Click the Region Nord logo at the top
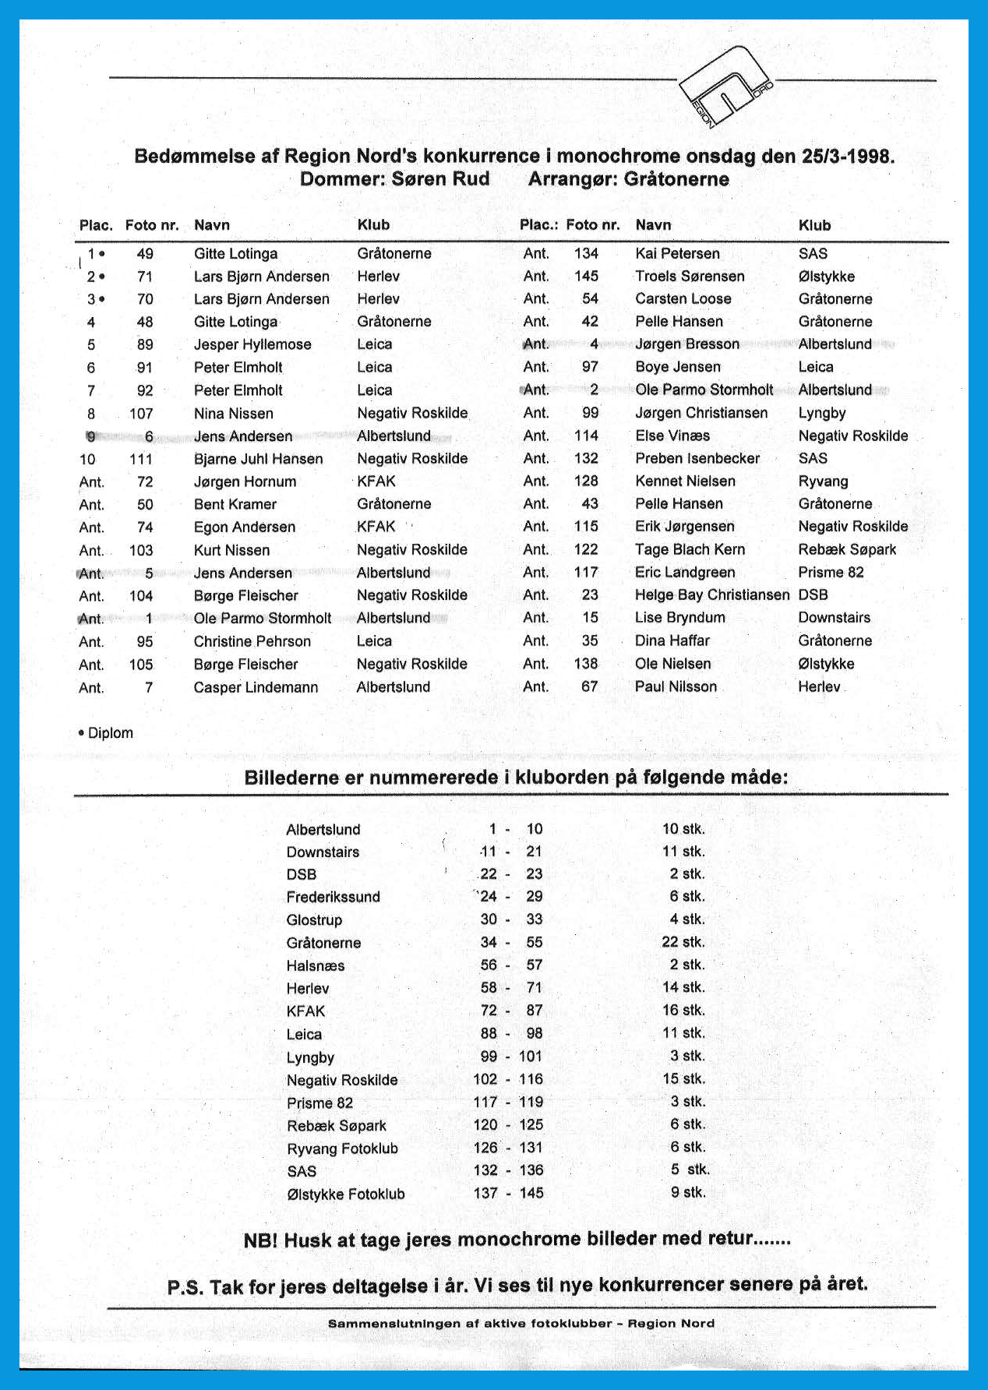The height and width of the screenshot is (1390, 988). pos(725,86)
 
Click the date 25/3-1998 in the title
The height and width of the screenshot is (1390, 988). pos(847,156)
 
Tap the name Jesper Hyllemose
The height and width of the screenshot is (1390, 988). pos(252,344)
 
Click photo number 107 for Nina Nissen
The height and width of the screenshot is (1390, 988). pos(141,414)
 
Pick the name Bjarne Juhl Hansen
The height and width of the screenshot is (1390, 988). pos(258,459)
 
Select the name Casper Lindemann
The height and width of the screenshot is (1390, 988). pos(256,687)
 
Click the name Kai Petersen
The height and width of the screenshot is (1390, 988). pos(677,253)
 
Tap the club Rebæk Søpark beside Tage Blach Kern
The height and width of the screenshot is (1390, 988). pos(847,549)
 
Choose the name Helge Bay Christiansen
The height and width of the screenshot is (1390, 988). pos(712,595)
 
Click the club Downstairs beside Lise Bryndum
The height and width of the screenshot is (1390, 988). pos(834,618)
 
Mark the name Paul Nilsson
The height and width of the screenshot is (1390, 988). pos(676,686)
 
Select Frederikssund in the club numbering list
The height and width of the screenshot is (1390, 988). pos(333,897)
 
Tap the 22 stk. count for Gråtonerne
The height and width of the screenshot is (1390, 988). pos(683,942)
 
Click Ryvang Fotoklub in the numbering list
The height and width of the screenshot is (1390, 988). pos(342,1148)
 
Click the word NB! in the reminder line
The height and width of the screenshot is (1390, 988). pos(260,1240)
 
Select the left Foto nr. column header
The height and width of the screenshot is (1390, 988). pos(152,225)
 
